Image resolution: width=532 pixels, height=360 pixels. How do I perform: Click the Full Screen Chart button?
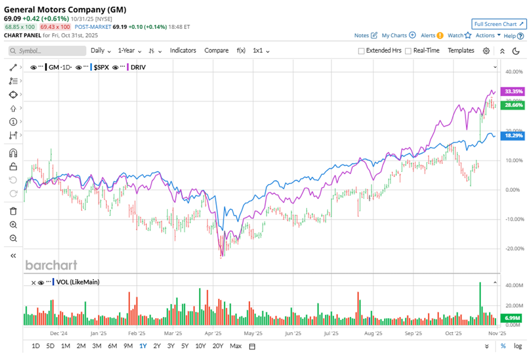pos(498,24)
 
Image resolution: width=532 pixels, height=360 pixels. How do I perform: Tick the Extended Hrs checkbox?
pos(362,51)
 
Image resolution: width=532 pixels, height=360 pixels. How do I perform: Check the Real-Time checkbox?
pos(408,51)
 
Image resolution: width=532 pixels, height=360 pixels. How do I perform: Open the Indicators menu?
pos(183,51)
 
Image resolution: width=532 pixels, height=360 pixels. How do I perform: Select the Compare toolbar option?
pos(216,51)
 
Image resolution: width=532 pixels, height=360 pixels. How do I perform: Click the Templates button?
pos(461,51)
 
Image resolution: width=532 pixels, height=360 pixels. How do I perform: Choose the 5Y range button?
pos(185,346)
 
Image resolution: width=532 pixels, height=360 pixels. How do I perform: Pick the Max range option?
pos(235,346)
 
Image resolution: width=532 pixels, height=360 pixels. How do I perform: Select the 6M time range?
pos(113,346)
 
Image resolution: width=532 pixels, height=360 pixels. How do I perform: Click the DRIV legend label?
pos(139,67)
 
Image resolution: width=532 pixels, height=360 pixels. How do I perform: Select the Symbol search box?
pos(47,51)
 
